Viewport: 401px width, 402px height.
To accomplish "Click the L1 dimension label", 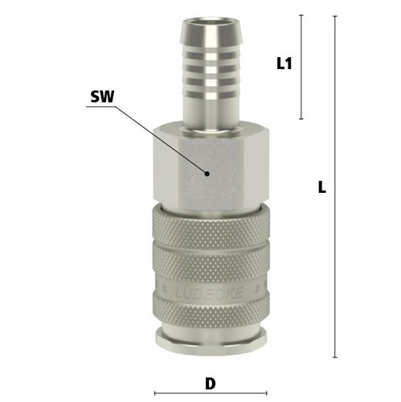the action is point(284,64).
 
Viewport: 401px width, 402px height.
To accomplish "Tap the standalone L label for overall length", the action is point(322,187).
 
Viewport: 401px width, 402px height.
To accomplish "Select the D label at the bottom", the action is point(211,384).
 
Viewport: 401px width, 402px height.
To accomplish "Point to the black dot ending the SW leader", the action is point(207,174).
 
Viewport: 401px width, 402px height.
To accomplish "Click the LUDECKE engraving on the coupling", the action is point(210,292).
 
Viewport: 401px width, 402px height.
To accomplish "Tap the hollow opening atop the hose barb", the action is point(211,23).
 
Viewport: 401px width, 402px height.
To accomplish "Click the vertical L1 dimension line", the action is point(301,67).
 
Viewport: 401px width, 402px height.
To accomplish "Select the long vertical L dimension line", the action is point(335,187).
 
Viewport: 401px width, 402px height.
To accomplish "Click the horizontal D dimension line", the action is point(211,393).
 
